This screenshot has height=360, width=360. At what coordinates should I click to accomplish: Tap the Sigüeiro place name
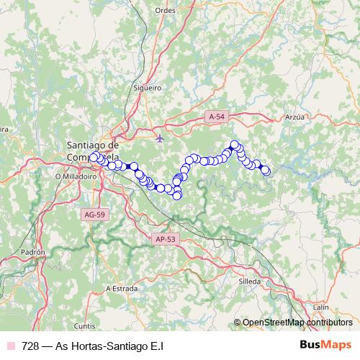pos(147,87)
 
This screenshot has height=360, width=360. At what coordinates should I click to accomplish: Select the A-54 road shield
pos(217,116)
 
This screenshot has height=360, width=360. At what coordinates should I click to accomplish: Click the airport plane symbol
pos(160,137)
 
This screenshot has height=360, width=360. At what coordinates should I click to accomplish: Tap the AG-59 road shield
pos(94,214)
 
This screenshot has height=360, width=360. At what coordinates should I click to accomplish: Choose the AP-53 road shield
pos(165,239)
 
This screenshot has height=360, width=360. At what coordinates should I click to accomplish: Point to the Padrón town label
pos(34,253)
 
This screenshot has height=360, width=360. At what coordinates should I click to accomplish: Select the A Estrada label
pos(122,288)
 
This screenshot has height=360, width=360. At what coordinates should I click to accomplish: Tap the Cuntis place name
pos(84,325)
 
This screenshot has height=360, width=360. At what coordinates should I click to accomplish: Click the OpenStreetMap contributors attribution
pos(297,323)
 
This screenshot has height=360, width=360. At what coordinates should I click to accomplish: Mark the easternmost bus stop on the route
pos(266,171)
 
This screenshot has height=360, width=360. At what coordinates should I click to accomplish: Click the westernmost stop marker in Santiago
pos(93,157)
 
